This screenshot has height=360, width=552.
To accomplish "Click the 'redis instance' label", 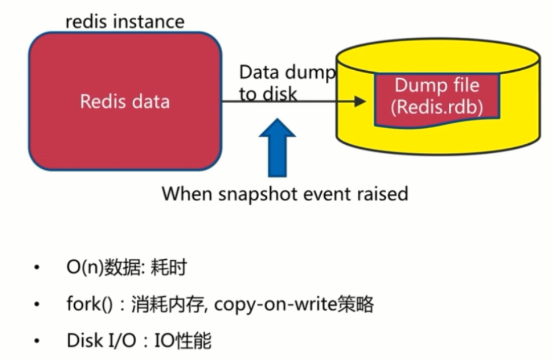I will point(125,22).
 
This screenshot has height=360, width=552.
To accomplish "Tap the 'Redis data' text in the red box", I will point(125,101).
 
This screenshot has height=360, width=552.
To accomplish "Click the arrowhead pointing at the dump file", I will point(359,101).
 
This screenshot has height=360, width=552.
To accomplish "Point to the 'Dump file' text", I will point(437,86).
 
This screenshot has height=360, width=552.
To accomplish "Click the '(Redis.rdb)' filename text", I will point(437,108).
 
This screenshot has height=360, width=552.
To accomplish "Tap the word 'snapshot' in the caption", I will point(262,193).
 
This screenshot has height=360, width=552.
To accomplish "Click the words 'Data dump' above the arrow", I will point(287,72).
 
